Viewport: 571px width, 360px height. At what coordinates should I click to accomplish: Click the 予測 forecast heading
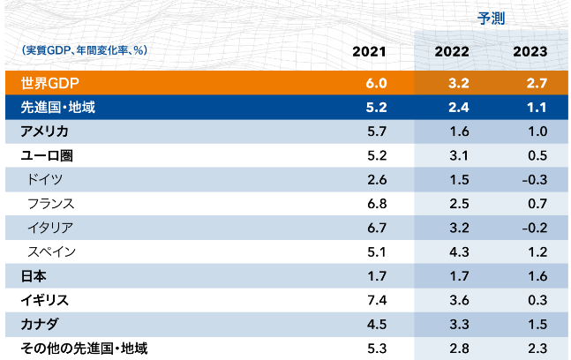coord(491,19)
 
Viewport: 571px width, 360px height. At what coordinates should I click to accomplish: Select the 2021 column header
coord(369,52)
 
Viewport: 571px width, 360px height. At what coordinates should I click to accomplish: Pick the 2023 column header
coord(530,52)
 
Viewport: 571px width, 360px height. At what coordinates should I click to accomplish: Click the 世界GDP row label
coord(49,84)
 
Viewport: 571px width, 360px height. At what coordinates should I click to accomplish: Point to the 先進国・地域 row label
coord(59,108)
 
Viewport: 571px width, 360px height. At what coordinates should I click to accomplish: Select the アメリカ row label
coord(44,131)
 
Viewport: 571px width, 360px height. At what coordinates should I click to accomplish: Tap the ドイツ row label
coord(45,179)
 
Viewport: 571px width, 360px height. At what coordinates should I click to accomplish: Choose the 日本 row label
coord(33,275)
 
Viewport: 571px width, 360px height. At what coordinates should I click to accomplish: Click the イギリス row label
coord(44,300)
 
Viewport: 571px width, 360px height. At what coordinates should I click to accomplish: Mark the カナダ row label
coord(39,324)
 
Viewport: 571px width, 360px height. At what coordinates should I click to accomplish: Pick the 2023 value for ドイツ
coord(534,179)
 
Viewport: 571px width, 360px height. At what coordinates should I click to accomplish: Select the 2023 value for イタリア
coord(534,228)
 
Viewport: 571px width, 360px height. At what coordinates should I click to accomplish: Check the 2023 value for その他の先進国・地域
coord(536,348)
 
